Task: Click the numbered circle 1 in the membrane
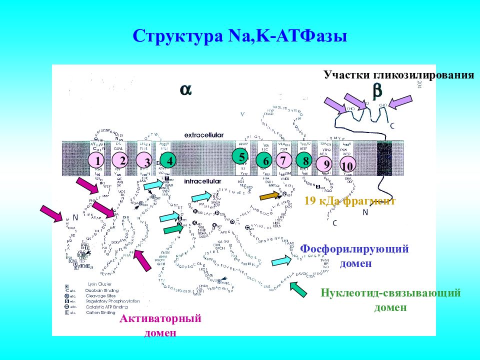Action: pos(96,160)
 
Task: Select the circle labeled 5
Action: pos(242,156)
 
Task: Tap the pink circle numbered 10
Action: pos(347,166)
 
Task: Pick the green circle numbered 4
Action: pos(170,161)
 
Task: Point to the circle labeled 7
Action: pos(283,160)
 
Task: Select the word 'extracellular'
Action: pos(203,135)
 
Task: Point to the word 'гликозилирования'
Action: pos(423,75)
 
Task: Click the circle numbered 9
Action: pos(326,163)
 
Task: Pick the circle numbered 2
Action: pos(120,160)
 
